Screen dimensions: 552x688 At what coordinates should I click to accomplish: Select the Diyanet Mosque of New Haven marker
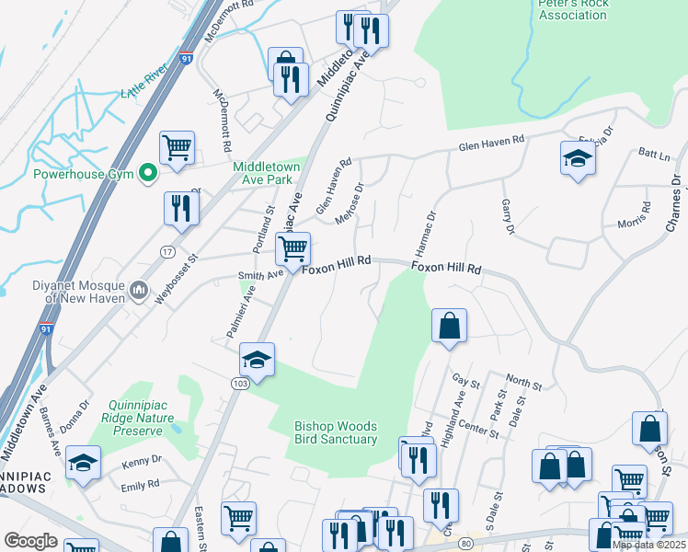138,291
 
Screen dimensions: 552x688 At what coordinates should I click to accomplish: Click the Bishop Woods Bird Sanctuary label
336,432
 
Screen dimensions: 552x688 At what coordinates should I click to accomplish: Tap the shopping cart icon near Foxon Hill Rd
292,248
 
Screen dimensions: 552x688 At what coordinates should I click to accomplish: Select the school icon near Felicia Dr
578,158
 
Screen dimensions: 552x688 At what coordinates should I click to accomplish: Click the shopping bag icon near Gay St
449,326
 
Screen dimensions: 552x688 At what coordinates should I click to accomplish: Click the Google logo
30,541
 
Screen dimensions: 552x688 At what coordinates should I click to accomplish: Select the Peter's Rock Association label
572,10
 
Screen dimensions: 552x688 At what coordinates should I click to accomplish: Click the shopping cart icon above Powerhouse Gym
176,146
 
